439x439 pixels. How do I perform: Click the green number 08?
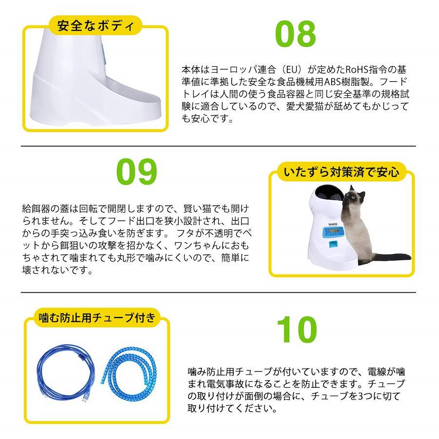pyautogui.click(x=296, y=34)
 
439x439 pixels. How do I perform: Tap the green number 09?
pyautogui.click(x=137, y=171)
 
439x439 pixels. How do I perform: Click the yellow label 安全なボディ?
pyautogui.click(x=96, y=26)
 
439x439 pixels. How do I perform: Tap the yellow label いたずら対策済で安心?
pyautogui.click(x=341, y=172)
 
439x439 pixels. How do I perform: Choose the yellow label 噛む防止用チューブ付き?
pyautogui.click(x=97, y=318)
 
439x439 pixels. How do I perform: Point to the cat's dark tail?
pyautogui.click(x=392, y=257)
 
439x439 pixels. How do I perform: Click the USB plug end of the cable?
pyautogui.click(x=84, y=401)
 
